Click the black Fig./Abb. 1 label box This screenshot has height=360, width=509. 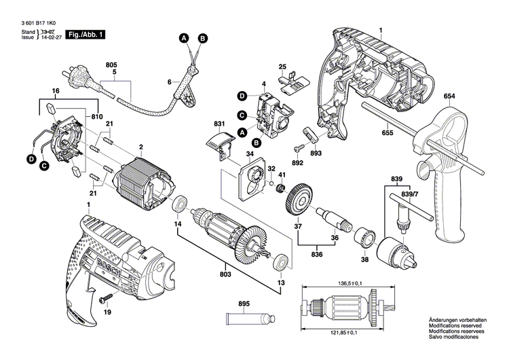point(85,34)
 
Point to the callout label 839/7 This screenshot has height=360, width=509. point(410,194)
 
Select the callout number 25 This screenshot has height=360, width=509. point(283,67)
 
